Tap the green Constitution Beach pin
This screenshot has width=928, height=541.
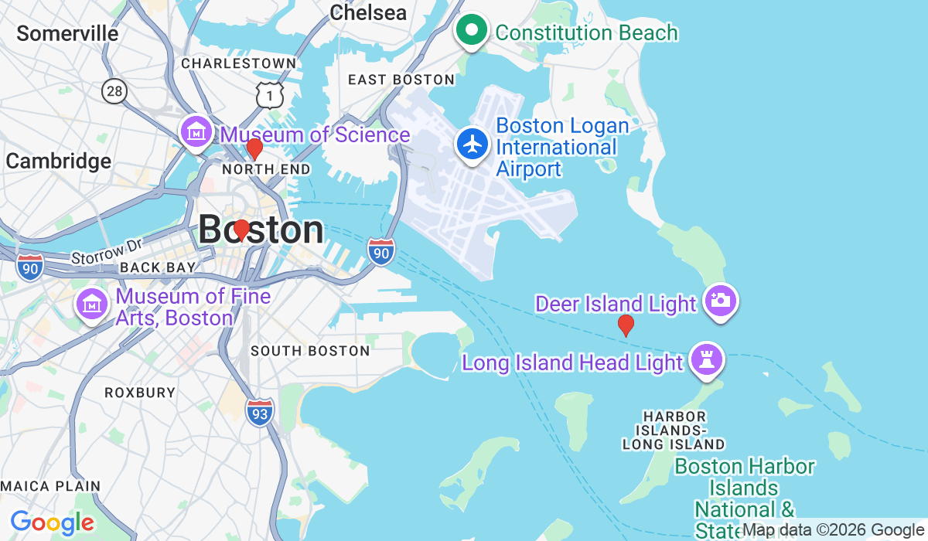(x=469, y=31)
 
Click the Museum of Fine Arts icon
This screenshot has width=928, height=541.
(x=91, y=305)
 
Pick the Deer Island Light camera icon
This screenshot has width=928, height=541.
(x=720, y=300)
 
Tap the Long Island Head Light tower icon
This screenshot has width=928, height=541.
(x=706, y=360)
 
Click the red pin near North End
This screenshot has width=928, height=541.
(x=254, y=148)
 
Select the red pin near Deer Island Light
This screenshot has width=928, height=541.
(x=626, y=325)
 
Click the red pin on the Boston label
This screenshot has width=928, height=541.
(x=241, y=230)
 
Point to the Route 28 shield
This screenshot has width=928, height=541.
(x=114, y=91)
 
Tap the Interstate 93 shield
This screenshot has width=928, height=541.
(x=260, y=412)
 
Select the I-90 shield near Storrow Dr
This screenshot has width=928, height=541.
(x=29, y=267)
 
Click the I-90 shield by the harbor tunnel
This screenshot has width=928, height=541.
(x=381, y=252)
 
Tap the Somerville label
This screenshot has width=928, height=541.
(x=67, y=34)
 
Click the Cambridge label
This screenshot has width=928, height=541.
(x=59, y=162)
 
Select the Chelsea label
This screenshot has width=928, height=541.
(x=367, y=12)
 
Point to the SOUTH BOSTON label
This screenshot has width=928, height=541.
(x=310, y=351)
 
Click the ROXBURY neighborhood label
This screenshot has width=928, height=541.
(x=140, y=393)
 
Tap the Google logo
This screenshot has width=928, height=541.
(x=52, y=522)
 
